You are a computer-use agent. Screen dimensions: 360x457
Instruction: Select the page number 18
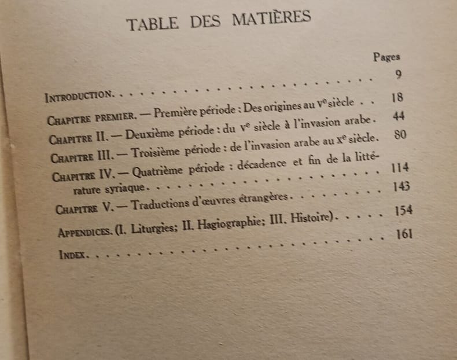396,97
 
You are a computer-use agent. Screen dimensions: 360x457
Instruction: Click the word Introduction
78,94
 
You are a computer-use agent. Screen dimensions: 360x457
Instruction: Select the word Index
73,254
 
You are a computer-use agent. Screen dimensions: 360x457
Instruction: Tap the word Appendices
84,232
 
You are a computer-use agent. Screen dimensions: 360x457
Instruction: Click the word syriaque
128,188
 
